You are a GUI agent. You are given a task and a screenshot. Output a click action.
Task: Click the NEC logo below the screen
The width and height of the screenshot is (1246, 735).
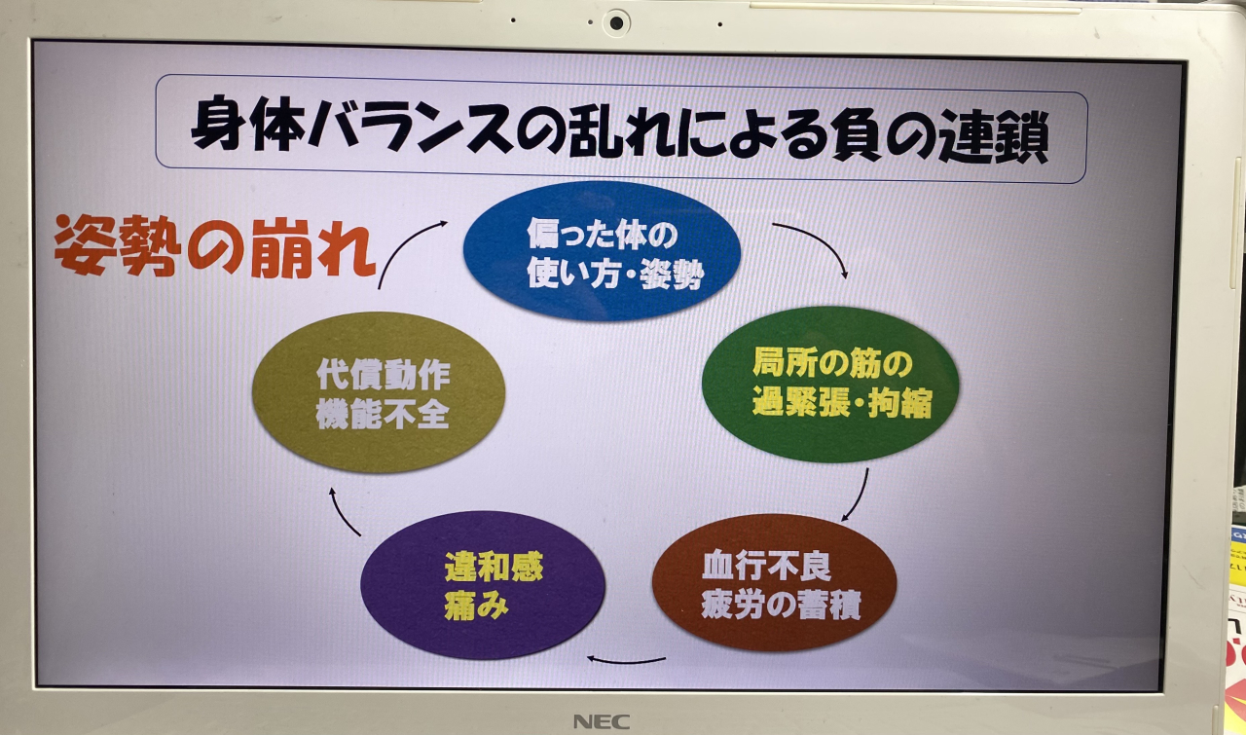point(602,721)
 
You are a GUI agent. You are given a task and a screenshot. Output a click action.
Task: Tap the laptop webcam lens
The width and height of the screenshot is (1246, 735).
point(616,23)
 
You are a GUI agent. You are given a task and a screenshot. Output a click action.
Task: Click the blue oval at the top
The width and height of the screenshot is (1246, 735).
point(602,252)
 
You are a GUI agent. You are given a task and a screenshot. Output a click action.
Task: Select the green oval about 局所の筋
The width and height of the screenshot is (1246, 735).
point(830,384)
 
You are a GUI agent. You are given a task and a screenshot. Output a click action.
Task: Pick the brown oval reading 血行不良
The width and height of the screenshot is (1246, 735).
point(774,582)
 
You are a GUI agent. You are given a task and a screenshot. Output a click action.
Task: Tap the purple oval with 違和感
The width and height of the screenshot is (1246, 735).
point(483,584)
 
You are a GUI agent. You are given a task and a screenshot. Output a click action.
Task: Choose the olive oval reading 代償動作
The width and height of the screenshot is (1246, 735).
point(379,392)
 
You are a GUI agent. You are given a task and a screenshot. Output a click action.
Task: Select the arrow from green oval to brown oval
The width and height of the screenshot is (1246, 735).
point(859,496)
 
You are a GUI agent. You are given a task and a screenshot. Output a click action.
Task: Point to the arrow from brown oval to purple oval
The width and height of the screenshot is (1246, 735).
point(626,661)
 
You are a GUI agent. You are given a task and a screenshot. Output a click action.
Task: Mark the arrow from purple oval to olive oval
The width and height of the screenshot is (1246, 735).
point(341,515)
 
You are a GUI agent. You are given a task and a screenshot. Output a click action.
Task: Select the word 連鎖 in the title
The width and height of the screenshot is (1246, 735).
point(994,137)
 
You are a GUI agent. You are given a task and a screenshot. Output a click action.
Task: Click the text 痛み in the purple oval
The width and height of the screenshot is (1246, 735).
point(476,605)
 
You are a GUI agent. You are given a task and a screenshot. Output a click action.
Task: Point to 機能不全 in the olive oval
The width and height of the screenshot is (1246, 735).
point(383,415)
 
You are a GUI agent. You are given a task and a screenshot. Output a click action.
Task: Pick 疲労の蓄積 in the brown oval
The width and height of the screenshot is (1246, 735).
point(781,605)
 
